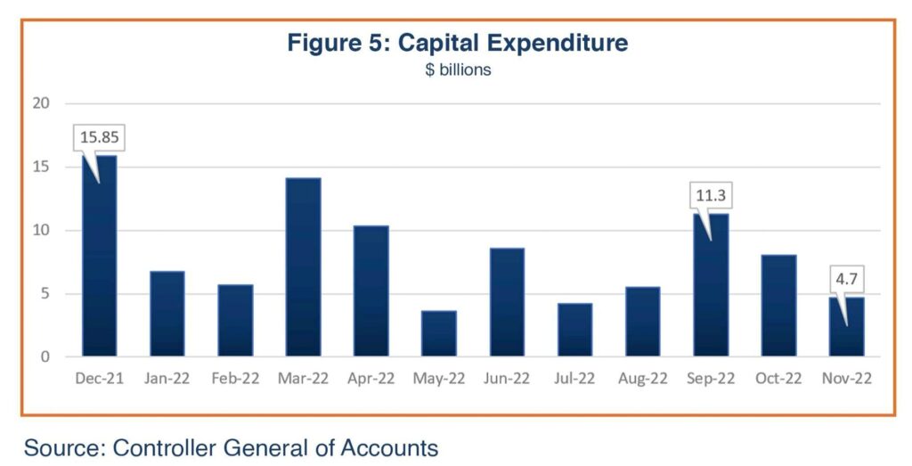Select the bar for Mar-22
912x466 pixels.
click(303, 267)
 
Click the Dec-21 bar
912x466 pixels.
click(100, 256)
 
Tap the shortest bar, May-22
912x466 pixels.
click(439, 333)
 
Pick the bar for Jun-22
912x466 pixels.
click(507, 302)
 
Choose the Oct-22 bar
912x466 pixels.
click(778, 306)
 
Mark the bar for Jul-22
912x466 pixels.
click(575, 330)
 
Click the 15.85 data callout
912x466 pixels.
click(100, 137)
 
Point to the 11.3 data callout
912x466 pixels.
click(711, 195)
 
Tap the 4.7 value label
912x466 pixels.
click(846, 279)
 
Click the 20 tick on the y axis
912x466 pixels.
click(41, 103)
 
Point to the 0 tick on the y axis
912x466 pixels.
click(45, 356)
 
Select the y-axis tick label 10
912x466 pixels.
click(41, 231)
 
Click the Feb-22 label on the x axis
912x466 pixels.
click(235, 379)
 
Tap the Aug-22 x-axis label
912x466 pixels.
click(643, 379)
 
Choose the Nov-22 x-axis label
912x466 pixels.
click(847, 379)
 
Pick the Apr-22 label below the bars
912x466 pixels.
click(371, 379)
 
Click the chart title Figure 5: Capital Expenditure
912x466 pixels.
click(458, 43)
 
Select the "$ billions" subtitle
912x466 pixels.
click(458, 69)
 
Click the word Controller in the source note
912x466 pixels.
click(165, 448)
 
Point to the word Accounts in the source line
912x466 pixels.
click(389, 448)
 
